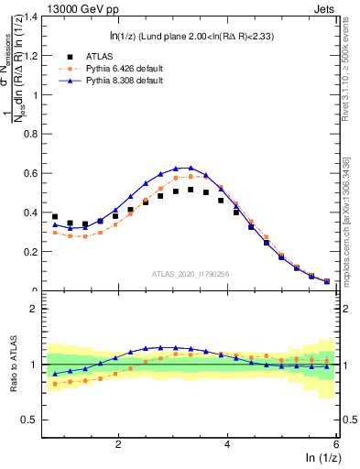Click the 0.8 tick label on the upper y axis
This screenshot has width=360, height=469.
click(34, 135)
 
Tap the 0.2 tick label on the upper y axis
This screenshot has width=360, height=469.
click(34, 252)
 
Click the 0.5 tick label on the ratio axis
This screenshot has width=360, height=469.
click(34, 420)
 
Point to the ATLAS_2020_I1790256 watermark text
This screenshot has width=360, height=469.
click(191, 274)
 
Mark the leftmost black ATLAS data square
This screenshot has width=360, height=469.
click(55, 217)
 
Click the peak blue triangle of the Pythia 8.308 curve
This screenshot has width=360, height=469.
click(191, 168)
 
